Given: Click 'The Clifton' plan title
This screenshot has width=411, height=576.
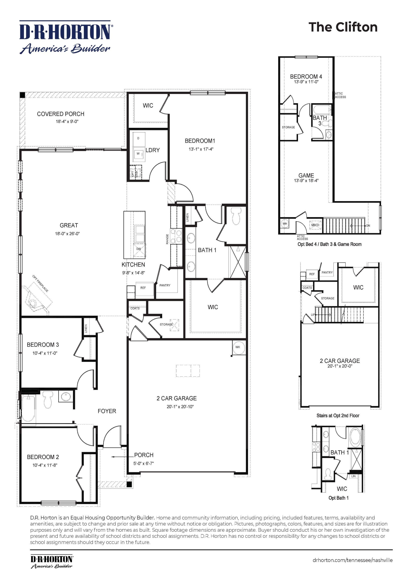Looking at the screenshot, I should pos(343,27).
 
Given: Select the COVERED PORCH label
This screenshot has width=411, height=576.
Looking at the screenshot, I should pos(61,114).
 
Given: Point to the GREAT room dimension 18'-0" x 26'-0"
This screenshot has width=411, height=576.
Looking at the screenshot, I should pos(67,234).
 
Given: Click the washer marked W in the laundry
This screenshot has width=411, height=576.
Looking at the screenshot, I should pos(138,154).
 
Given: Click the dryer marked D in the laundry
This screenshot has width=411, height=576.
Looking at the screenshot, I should pos(138,139).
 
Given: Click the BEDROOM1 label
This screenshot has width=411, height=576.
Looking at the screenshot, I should pos(200,141).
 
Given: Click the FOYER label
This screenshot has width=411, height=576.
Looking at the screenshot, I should pos(107,411).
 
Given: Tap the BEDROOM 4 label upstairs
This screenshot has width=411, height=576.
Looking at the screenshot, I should pos(306,76).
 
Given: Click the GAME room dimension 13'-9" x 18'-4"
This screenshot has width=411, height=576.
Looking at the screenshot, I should pos(306,181).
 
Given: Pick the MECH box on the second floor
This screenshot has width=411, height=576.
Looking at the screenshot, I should pos(315,225).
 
